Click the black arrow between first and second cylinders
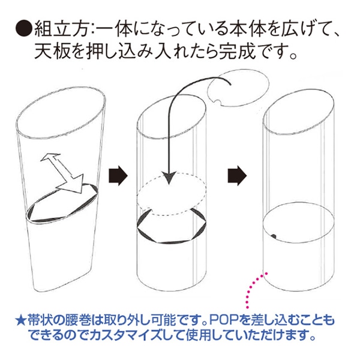(118, 176)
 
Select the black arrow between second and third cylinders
(237, 176)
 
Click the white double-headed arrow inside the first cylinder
(62, 172)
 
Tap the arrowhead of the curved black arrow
(169, 178)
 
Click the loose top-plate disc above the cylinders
(238, 88)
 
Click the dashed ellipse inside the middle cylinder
(172, 194)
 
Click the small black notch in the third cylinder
(274, 236)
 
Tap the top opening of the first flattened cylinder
(61, 113)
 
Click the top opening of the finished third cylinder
(298, 112)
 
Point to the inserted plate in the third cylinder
(298, 222)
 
